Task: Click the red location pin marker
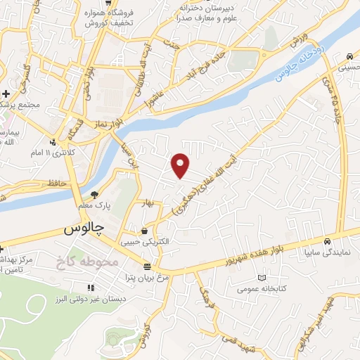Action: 181,165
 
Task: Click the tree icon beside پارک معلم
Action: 94,195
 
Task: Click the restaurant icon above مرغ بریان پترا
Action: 147,266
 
